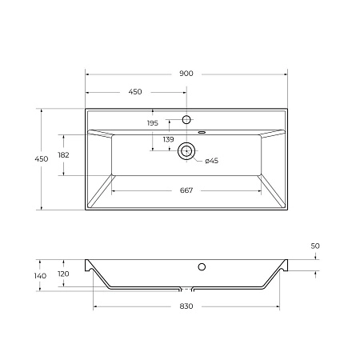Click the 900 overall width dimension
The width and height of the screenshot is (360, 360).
point(186,74)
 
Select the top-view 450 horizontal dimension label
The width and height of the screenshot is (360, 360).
point(135,92)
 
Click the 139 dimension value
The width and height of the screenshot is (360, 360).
point(168,140)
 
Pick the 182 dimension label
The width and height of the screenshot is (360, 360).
point(64,154)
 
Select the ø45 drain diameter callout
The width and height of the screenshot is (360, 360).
point(211,162)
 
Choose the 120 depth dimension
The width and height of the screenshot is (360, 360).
point(65,273)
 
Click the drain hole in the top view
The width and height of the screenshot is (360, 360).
point(187,149)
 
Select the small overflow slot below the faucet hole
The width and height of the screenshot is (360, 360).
point(202,130)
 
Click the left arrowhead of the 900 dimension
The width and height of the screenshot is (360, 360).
point(88,74)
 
